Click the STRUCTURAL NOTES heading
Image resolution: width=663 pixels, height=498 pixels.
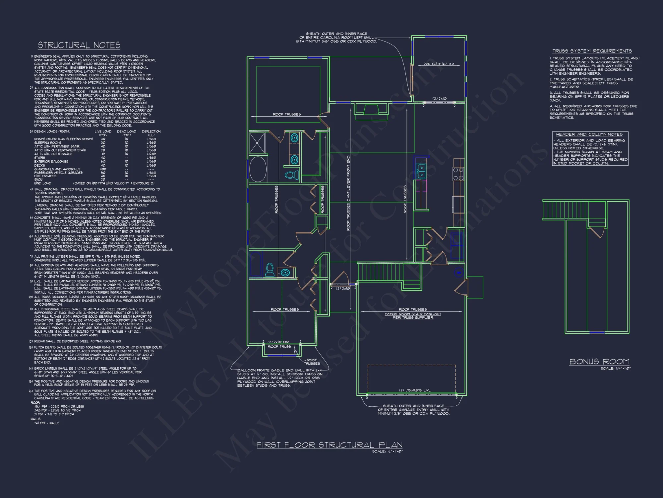tap(79, 45)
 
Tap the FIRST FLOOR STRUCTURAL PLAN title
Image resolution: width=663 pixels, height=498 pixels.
tap(330, 445)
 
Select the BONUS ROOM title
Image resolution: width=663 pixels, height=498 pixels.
tap(599, 362)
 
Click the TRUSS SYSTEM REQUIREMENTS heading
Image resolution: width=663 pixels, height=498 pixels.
tap(592, 51)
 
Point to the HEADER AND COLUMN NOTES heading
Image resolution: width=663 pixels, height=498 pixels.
tap(589, 134)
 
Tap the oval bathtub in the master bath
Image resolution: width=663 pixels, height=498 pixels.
tap(258, 169)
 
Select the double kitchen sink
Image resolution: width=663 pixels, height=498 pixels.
tap(421, 171)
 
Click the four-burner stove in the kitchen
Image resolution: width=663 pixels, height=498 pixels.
tap(458, 174)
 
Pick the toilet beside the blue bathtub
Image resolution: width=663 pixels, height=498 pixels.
tap(270, 270)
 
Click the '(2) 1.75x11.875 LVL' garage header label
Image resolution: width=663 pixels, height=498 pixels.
tap(414, 390)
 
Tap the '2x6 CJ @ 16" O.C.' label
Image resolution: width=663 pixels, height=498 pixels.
tap(439, 64)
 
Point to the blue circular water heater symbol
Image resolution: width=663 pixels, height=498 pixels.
tap(459, 273)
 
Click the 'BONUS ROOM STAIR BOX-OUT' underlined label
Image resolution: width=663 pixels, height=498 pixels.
tap(413, 314)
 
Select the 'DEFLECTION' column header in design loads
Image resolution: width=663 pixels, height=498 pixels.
tap(151, 131)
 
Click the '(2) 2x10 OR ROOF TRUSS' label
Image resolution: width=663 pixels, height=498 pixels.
tap(279, 344)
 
